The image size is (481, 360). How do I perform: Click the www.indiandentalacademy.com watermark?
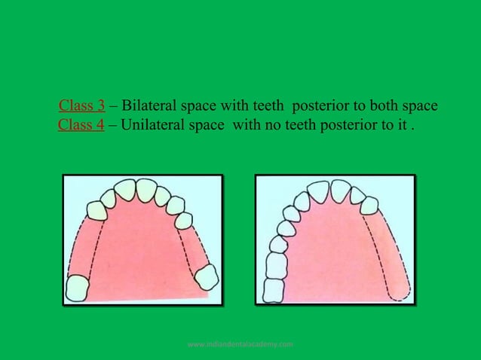[x=240, y=344]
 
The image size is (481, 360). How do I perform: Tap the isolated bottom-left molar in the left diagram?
[x=77, y=288]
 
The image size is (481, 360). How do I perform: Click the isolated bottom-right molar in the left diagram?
[x=206, y=277]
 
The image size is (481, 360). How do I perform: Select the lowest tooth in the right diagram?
[x=274, y=289]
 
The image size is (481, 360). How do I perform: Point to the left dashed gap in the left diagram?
[x=82, y=245]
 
